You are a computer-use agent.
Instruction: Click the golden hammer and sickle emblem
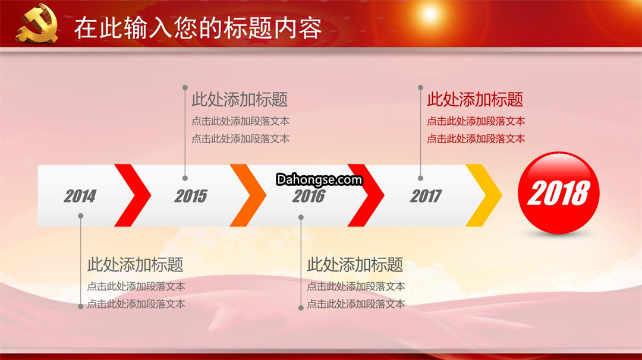(x=37, y=24)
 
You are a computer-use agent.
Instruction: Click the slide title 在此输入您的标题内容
(x=198, y=28)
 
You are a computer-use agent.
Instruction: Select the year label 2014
(x=80, y=197)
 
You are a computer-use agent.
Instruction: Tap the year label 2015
(x=191, y=197)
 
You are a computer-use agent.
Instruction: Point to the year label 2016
(x=309, y=197)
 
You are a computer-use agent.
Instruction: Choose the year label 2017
(x=426, y=197)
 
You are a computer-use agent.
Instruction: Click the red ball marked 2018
(x=558, y=192)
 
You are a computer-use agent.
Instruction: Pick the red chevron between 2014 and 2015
(x=133, y=195)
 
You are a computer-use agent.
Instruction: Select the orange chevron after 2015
(x=248, y=195)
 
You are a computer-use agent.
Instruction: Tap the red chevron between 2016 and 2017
(x=366, y=195)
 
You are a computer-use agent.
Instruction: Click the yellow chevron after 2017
(x=484, y=195)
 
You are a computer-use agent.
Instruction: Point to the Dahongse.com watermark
(x=319, y=179)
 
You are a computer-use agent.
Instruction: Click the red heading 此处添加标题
(x=475, y=99)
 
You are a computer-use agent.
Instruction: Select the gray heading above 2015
(x=240, y=99)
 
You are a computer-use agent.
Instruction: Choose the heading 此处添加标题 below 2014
(x=135, y=265)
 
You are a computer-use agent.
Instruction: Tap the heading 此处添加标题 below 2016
(x=355, y=265)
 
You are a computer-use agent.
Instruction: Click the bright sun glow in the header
(x=430, y=14)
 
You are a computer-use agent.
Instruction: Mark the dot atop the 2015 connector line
(x=185, y=87)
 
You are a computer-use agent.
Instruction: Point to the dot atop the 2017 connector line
(x=420, y=87)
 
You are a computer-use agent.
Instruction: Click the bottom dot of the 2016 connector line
(x=301, y=308)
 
